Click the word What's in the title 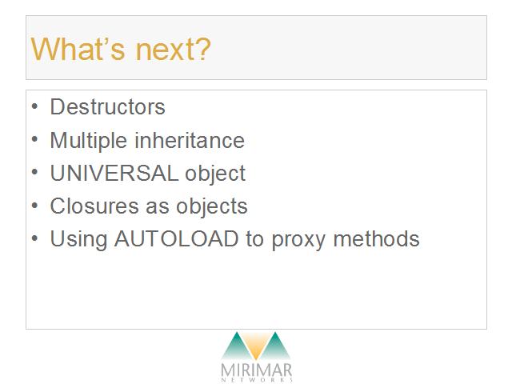[x=78, y=49]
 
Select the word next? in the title [x=173, y=50]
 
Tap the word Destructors [x=107, y=106]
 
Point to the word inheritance [x=190, y=140]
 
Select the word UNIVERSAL [x=114, y=173]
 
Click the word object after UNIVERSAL [x=215, y=174]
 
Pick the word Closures [x=94, y=206]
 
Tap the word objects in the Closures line [x=212, y=206]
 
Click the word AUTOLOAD [x=176, y=238]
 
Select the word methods [x=376, y=238]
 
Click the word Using [x=78, y=240]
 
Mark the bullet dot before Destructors [x=34, y=106]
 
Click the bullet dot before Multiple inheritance [x=34, y=139]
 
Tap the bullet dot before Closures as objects [x=34, y=206]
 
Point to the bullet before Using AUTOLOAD [x=34, y=238]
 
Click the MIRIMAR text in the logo [x=256, y=370]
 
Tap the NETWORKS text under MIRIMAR [x=257, y=380]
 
